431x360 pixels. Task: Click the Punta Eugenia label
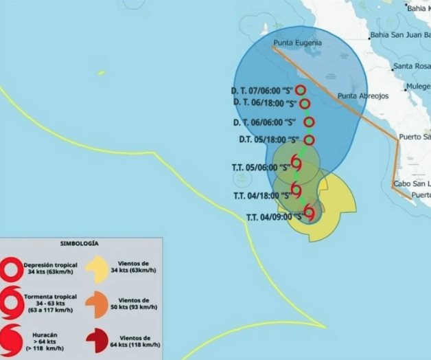[x=296, y=43]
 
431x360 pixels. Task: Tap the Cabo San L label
[x=412, y=184]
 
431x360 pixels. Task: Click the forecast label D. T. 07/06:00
[x=262, y=90]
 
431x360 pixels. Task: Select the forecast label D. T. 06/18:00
[x=265, y=103]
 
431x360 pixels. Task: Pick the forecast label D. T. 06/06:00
[x=264, y=122]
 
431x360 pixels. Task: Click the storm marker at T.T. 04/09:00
[x=310, y=212]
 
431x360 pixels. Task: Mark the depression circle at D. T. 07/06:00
[x=301, y=90]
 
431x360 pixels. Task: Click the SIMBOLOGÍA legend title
[x=80, y=244]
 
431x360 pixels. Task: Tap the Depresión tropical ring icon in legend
[x=11, y=269]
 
